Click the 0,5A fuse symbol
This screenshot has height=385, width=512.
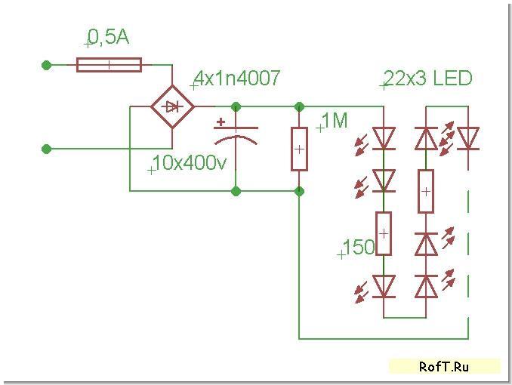(x=109, y=65)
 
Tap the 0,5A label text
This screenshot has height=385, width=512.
(x=108, y=36)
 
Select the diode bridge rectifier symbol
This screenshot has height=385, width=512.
(x=173, y=107)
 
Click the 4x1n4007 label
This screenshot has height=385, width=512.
(x=238, y=78)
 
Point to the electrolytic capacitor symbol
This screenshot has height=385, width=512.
(x=236, y=137)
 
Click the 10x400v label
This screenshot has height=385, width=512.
(x=190, y=163)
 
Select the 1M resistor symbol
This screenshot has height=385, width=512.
(x=299, y=148)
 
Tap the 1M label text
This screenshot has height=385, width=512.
(x=335, y=120)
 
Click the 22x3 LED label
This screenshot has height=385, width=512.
(x=428, y=79)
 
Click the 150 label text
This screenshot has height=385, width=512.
(x=359, y=248)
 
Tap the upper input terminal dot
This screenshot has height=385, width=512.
(x=47, y=65)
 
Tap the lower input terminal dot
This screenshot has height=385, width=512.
(x=47, y=149)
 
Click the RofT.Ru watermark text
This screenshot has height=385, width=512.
(x=444, y=367)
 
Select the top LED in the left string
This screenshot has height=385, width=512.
(x=384, y=137)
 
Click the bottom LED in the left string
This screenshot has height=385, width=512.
(x=384, y=285)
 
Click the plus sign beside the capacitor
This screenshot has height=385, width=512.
(x=221, y=121)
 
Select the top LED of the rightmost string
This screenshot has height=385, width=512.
(x=469, y=138)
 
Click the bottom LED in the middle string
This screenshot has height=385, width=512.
(x=427, y=285)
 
